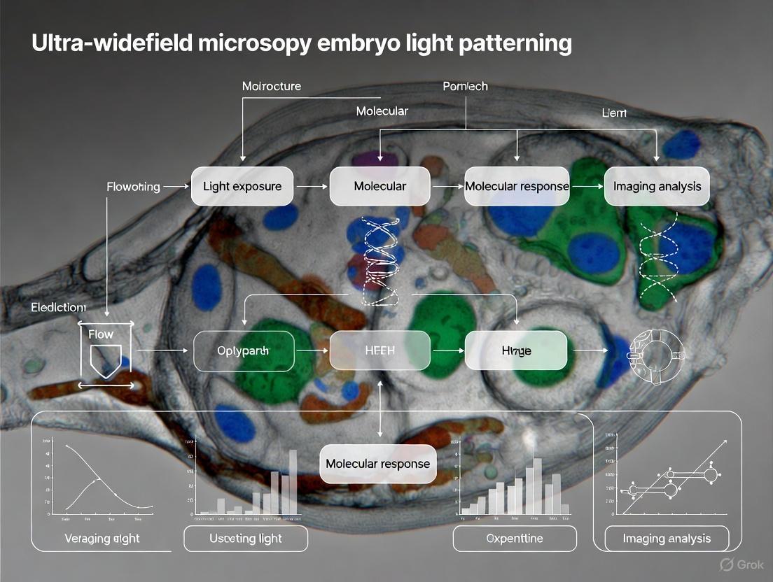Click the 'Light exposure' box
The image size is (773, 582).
[x=242, y=186]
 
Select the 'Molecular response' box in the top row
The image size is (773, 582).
[x=517, y=186]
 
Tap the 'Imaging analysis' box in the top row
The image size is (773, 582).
[x=657, y=186]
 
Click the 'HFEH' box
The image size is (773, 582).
[x=380, y=350]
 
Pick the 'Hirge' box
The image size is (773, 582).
[x=516, y=350]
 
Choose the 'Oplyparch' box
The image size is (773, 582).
[x=243, y=350]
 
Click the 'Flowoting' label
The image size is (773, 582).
[x=133, y=187]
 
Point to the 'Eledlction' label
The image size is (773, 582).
[x=59, y=307]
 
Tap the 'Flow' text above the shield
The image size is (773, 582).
[x=101, y=334]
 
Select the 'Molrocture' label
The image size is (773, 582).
[x=272, y=86]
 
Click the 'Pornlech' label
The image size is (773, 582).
[x=466, y=86]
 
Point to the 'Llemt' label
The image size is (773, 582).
[x=615, y=112]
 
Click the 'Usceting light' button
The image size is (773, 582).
[x=246, y=538]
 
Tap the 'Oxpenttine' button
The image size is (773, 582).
[x=515, y=539]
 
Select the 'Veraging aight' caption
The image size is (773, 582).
[x=102, y=538]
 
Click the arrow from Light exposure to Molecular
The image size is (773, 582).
[x=311, y=187]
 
